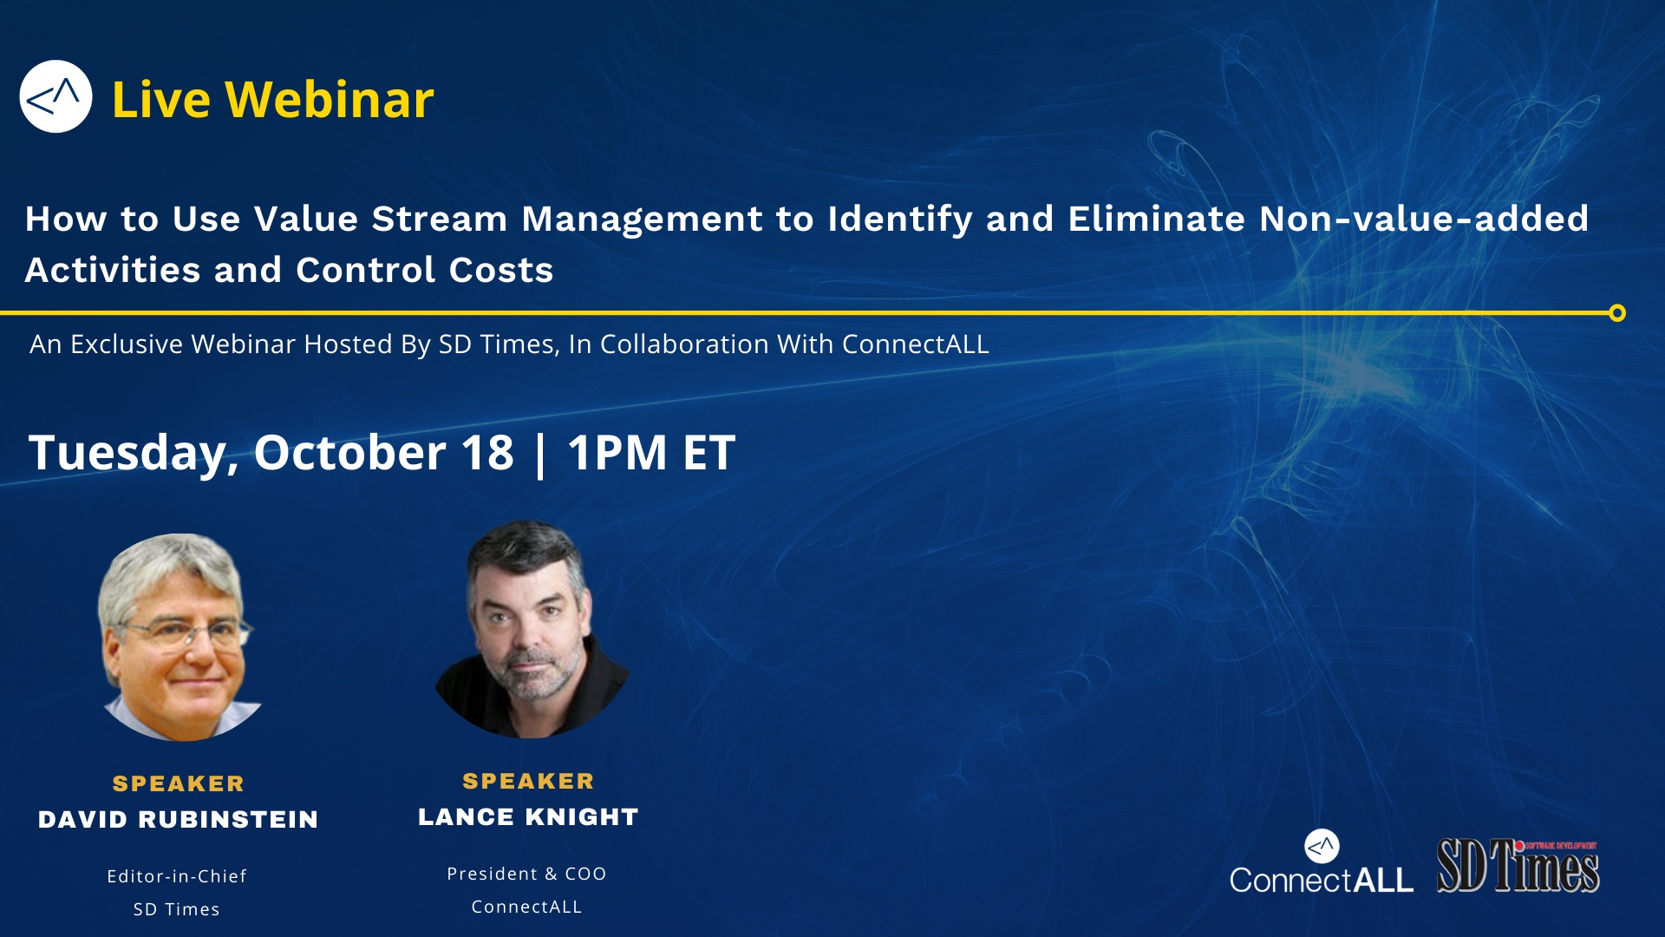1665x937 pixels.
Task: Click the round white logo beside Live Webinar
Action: coord(55,96)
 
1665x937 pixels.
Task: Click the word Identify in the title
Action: coord(899,220)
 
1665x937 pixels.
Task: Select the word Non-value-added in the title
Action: coord(1423,219)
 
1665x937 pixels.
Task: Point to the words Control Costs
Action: coord(424,271)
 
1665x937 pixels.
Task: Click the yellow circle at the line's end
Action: coord(1616,313)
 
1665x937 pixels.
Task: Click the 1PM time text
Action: coord(617,452)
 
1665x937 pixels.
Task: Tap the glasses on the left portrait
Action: coord(186,632)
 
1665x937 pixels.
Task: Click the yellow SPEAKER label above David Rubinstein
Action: coord(179,783)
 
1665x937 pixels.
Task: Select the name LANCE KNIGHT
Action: coord(528,817)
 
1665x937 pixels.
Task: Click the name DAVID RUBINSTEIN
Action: coord(178,820)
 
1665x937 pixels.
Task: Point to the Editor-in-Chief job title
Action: coord(177,876)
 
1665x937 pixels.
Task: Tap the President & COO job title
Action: coord(526,874)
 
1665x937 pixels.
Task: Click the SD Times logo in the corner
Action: coord(1518,866)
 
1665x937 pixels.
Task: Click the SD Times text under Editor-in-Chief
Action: coord(176,909)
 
